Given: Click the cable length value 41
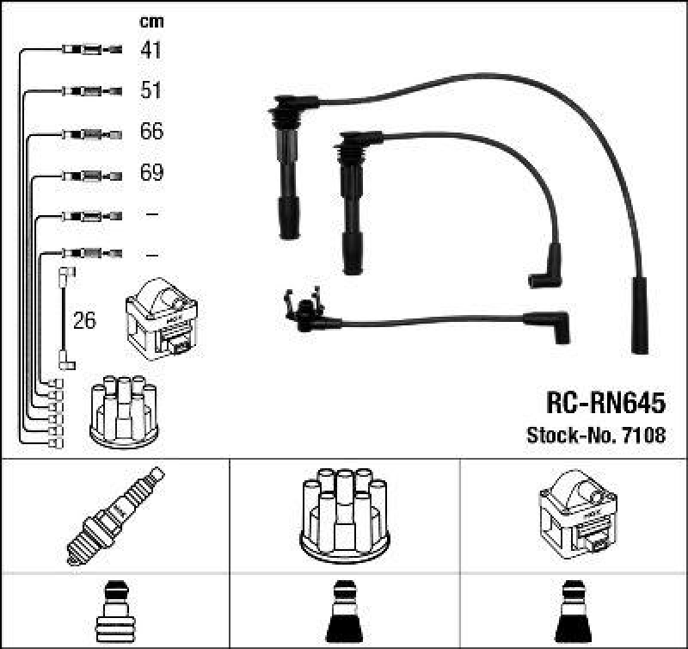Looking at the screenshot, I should point(150,50).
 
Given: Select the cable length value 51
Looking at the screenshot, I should point(150,91).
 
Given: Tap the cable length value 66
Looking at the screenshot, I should point(150,133).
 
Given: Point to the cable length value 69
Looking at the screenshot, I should point(150,174).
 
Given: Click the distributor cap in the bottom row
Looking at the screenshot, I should point(345,515).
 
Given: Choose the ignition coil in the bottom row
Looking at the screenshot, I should point(574,515).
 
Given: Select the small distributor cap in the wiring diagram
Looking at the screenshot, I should point(124,411).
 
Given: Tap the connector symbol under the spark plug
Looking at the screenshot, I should point(115,612).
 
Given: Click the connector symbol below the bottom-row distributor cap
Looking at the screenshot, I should point(345,612).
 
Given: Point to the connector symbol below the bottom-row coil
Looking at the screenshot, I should point(574,612).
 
